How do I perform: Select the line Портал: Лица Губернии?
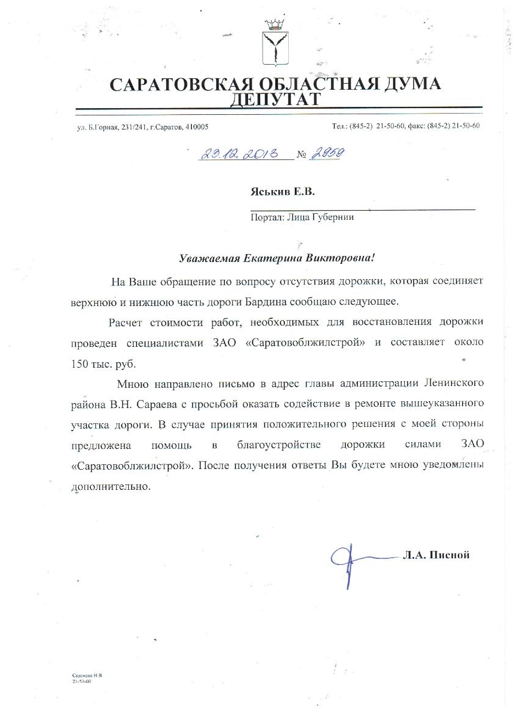coord(302,216)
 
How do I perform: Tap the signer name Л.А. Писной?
coord(435,555)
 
